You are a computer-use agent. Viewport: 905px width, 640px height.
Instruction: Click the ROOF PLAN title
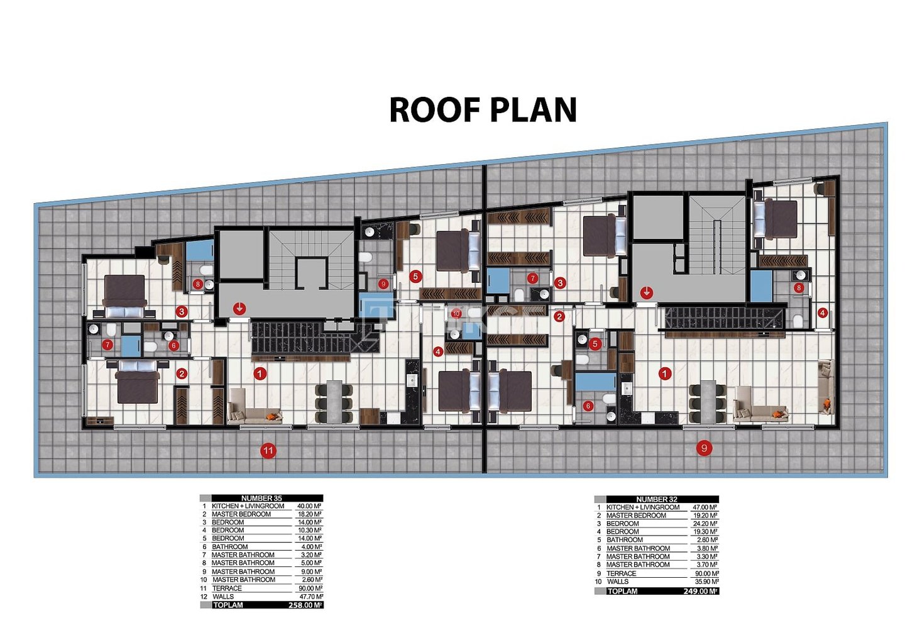click(x=483, y=110)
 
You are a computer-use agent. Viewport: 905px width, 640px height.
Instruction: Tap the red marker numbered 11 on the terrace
click(x=268, y=451)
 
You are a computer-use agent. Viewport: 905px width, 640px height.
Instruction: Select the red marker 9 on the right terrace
click(x=704, y=448)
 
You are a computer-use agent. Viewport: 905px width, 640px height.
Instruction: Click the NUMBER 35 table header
click(x=261, y=498)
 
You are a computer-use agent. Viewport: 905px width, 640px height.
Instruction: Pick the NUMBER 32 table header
click(x=657, y=499)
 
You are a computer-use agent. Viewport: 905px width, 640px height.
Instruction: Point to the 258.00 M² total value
click(x=305, y=605)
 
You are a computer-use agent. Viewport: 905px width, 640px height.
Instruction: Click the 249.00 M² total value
click(x=701, y=592)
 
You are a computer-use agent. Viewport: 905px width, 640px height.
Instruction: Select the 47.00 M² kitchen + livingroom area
click(x=705, y=507)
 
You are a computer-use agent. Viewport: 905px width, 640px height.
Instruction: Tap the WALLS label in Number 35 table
click(x=223, y=597)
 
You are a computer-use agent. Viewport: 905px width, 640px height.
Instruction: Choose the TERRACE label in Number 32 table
click(x=622, y=574)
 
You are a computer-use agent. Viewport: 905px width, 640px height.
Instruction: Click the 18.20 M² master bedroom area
click(x=310, y=514)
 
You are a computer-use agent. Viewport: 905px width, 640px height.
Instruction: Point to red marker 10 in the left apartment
click(x=456, y=314)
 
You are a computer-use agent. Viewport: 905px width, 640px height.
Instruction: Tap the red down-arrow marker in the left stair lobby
click(x=240, y=309)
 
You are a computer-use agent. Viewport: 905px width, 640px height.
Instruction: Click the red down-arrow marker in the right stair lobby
click(x=647, y=292)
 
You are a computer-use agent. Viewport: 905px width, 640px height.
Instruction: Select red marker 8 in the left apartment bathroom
click(x=197, y=284)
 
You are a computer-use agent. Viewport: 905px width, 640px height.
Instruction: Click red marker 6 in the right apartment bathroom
click(x=588, y=406)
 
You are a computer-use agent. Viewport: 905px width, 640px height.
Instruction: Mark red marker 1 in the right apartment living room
click(x=665, y=373)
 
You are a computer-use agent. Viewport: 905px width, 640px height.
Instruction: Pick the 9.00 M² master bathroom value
click(x=312, y=571)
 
